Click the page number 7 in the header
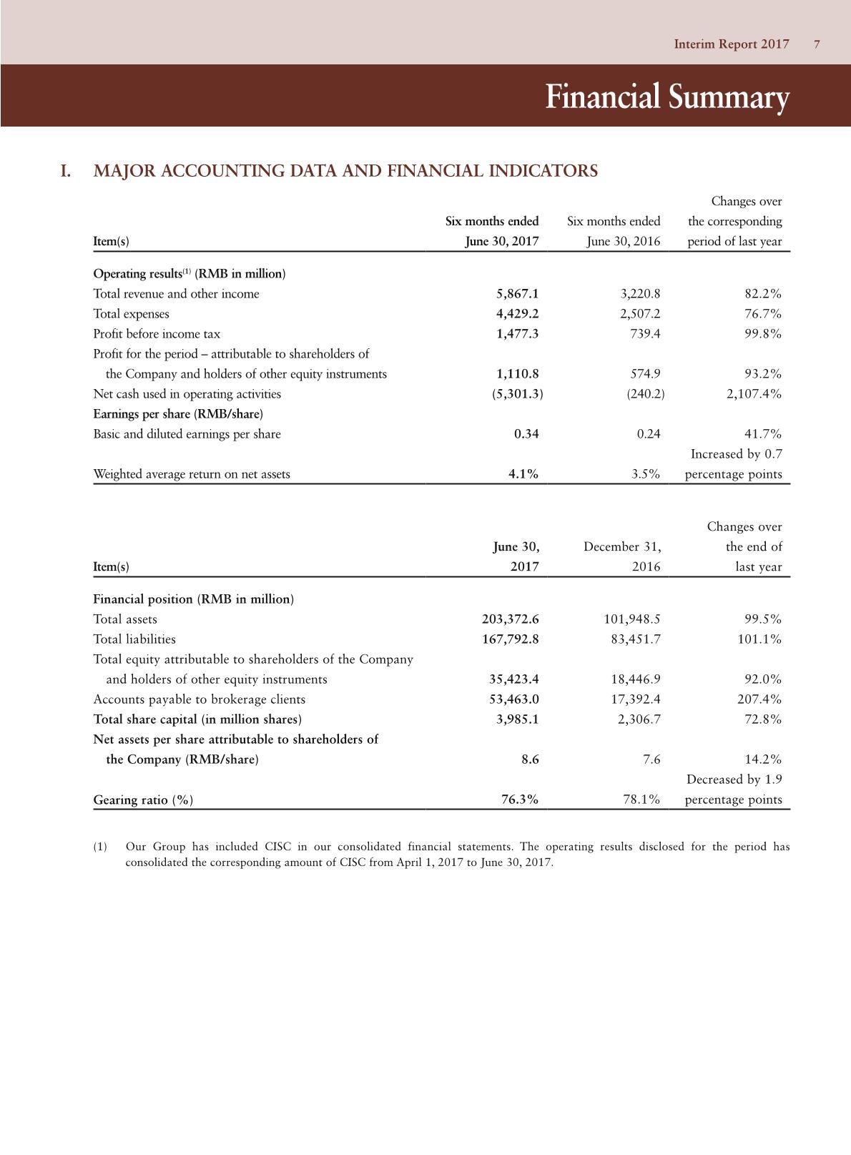(817, 44)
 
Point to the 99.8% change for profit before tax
(762, 334)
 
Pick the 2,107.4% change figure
(754, 394)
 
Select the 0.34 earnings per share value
(526, 434)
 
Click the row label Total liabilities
(134, 639)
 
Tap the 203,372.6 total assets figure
(511, 619)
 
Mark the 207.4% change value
(759, 699)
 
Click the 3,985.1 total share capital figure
(517, 719)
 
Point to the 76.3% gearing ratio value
(520, 800)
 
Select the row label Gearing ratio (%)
(143, 800)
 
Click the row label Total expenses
(132, 314)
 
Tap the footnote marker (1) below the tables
(101, 847)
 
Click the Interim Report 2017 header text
(732, 44)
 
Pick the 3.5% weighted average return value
(646, 474)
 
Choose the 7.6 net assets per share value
(651, 760)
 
